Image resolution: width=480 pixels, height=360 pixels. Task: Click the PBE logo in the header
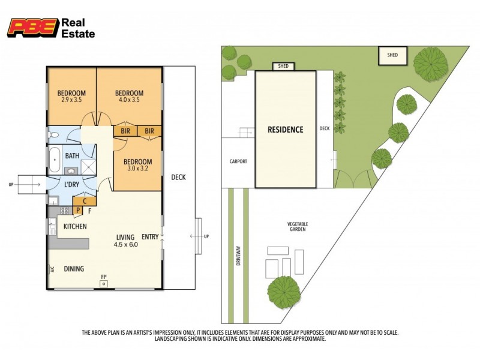click(x=33, y=28)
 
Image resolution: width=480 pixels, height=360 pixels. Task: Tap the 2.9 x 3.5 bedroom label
click(x=71, y=96)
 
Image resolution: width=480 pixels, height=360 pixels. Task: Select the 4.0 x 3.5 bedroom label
click(x=129, y=96)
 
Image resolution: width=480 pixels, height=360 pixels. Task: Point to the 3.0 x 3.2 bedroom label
click(x=137, y=165)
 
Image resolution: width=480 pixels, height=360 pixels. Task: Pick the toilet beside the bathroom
click(x=53, y=134)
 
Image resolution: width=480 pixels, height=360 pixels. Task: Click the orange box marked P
click(x=77, y=211)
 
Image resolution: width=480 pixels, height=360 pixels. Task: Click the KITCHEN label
click(x=76, y=227)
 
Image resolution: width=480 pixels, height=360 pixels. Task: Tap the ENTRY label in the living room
click(x=150, y=237)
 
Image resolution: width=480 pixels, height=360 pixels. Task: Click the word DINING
click(x=74, y=269)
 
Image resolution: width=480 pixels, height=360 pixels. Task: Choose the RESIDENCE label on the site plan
click(x=285, y=130)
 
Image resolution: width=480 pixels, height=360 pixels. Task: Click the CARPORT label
click(x=238, y=162)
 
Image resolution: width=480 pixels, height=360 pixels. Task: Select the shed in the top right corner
click(x=392, y=56)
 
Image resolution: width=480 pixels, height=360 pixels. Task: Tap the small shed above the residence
click(x=282, y=66)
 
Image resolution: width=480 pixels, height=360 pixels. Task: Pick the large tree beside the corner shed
click(x=430, y=64)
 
